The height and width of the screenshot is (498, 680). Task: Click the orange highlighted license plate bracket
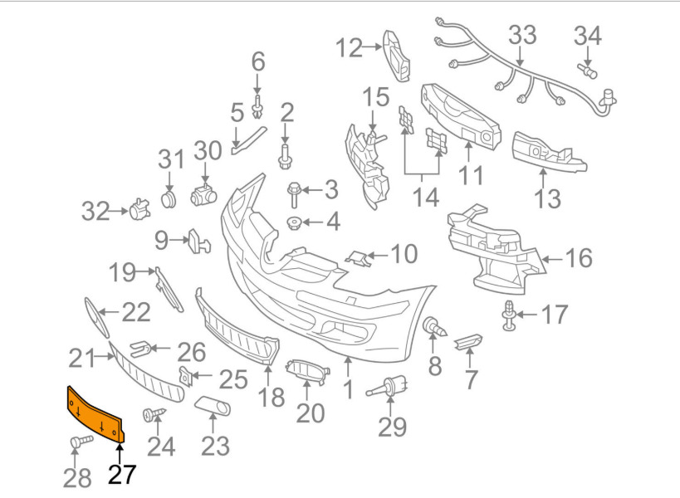click(94, 413)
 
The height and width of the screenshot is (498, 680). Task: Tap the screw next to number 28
click(80, 442)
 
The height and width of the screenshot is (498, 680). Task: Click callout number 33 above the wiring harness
click(522, 35)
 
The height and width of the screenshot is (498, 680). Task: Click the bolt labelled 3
click(296, 193)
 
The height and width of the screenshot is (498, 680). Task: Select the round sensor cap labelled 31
click(169, 198)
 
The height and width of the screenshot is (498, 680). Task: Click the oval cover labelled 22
click(96, 316)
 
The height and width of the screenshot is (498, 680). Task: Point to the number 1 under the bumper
click(349, 388)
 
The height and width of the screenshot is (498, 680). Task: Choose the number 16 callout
click(579, 258)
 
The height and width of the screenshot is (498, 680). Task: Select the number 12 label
click(349, 49)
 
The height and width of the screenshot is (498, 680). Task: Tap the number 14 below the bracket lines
click(426, 198)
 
